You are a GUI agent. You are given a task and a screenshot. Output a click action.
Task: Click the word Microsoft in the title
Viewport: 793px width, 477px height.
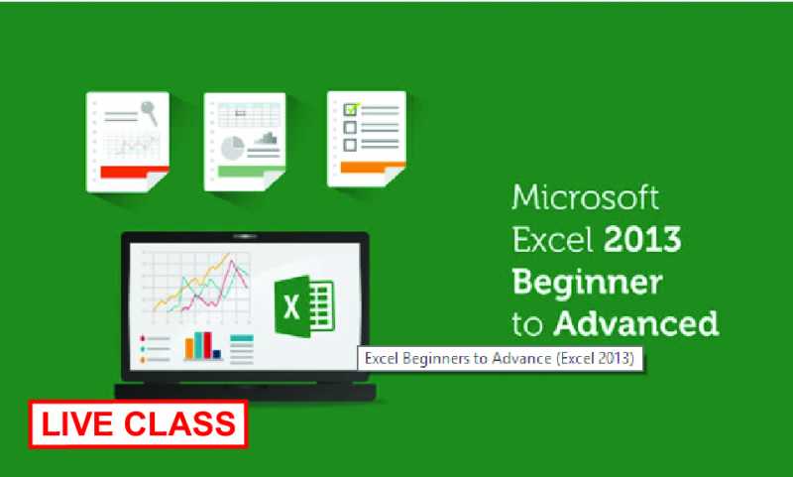pos(585,198)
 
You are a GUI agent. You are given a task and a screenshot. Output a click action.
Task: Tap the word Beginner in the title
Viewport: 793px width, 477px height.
pos(586,283)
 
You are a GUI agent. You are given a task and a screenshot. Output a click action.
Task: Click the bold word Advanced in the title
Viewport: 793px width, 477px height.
pos(635,323)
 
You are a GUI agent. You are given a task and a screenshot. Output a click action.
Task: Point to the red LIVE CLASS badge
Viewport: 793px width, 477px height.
pos(139,423)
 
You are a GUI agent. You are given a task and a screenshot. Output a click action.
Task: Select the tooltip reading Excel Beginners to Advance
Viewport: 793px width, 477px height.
pos(500,358)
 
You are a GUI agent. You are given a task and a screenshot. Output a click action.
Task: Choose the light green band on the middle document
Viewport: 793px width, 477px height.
pos(243,172)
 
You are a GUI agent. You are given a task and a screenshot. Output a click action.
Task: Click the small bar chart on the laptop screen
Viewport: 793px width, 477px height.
pos(201,345)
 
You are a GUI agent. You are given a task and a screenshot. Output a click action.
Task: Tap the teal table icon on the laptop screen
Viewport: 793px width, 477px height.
pos(242,348)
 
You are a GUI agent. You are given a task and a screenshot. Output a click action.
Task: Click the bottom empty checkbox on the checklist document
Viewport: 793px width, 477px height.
pos(350,145)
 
